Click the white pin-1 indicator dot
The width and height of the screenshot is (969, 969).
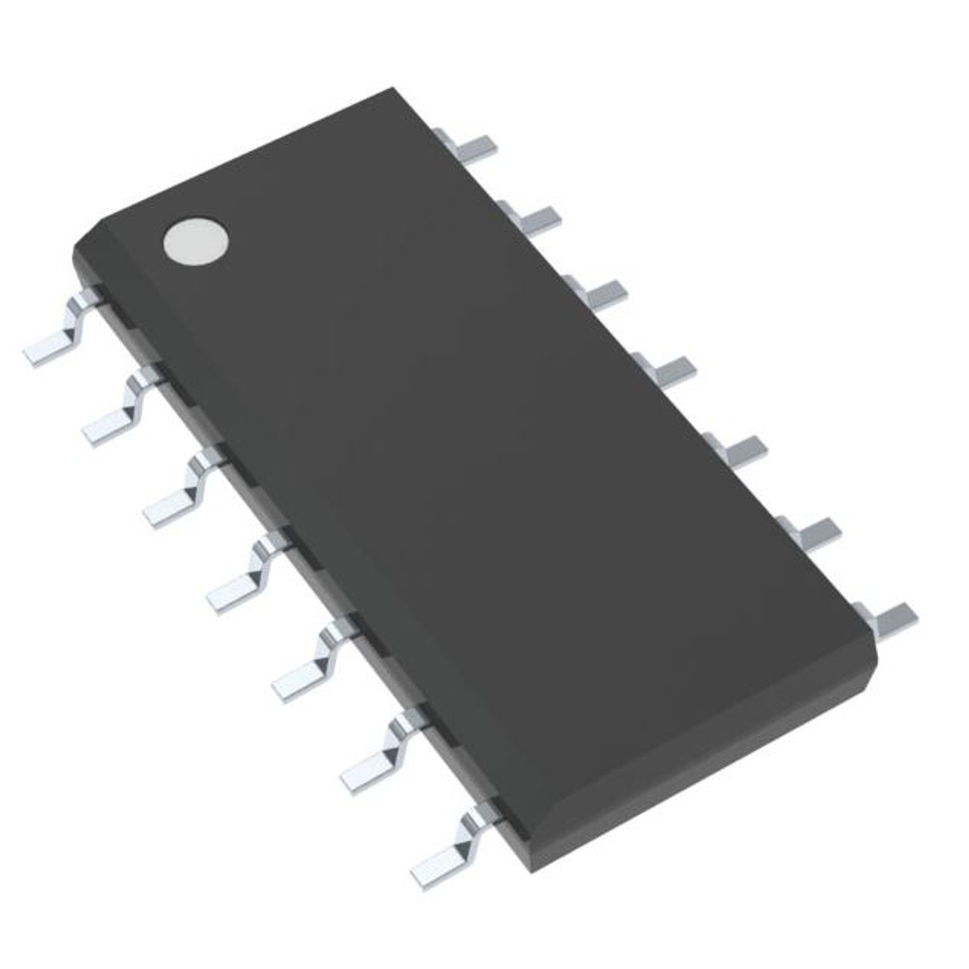(195, 242)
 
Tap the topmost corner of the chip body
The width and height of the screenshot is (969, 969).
(394, 89)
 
